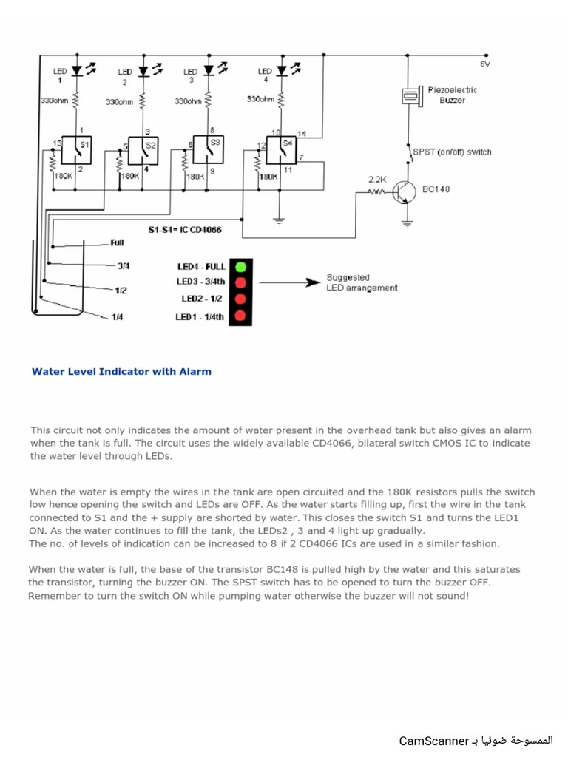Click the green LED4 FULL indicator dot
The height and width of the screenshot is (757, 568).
(240, 266)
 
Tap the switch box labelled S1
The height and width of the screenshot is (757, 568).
(77, 150)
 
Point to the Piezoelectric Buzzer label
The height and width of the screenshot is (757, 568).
(452, 95)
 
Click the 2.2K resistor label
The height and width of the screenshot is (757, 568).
(378, 179)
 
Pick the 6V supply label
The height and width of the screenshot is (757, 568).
(485, 64)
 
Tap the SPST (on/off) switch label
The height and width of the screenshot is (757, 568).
(452, 152)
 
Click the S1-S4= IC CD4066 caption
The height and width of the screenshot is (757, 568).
(185, 230)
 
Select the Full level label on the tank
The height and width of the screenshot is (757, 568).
(117, 242)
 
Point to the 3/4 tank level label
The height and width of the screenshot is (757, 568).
(124, 265)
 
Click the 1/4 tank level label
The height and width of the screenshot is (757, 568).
(118, 317)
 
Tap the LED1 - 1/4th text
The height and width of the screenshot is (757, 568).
(200, 317)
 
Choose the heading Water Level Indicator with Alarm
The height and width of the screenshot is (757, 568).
(121, 372)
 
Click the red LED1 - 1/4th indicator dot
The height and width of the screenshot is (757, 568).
(240, 316)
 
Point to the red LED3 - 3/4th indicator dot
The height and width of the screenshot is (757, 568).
(240, 282)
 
